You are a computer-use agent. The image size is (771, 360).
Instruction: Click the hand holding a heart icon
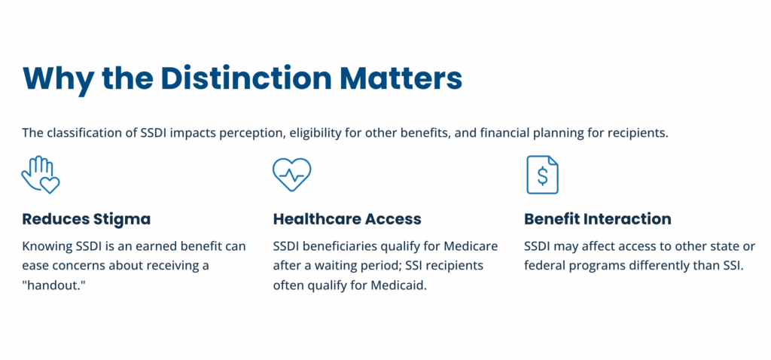point(40,175)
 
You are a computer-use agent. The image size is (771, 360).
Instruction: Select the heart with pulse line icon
point(291,175)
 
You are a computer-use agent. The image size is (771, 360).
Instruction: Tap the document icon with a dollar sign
point(542,175)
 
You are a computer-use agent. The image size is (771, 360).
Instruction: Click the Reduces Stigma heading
point(86,219)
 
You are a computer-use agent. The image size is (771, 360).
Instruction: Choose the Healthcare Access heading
point(346,219)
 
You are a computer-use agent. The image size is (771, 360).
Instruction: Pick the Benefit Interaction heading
point(597,219)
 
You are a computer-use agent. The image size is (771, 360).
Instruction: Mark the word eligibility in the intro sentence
point(301,133)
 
